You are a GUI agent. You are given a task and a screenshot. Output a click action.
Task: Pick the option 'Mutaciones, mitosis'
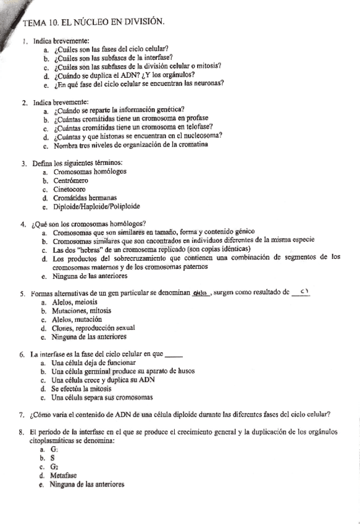click(86, 311)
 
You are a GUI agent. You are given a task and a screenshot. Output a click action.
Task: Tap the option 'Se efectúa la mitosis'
click(88, 389)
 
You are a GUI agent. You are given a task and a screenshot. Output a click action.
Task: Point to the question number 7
click(22, 415)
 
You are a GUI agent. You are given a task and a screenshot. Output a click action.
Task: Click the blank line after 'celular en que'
click(176, 355)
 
